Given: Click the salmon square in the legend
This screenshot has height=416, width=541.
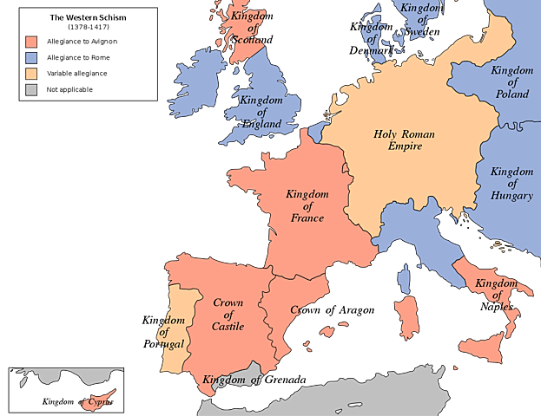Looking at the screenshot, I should tap(32, 42).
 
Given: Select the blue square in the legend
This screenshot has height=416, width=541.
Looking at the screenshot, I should tap(32, 58).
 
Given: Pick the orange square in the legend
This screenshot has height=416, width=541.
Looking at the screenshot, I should tap(32, 74).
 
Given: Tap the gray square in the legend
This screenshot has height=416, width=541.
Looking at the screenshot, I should tap(32, 89).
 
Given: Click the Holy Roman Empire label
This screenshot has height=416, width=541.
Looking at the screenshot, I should tap(404, 140).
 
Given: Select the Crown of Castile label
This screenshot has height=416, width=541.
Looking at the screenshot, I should tap(228, 315).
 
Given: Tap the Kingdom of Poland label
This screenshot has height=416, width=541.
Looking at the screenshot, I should tap(512, 81).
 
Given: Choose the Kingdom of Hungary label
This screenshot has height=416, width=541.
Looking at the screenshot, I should tap(511, 184).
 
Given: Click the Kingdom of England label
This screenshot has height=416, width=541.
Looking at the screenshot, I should tap(261, 112).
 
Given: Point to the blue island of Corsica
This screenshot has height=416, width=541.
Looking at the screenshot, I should tap(404, 277).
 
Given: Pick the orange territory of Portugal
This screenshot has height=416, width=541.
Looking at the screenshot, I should tap(176, 321).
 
